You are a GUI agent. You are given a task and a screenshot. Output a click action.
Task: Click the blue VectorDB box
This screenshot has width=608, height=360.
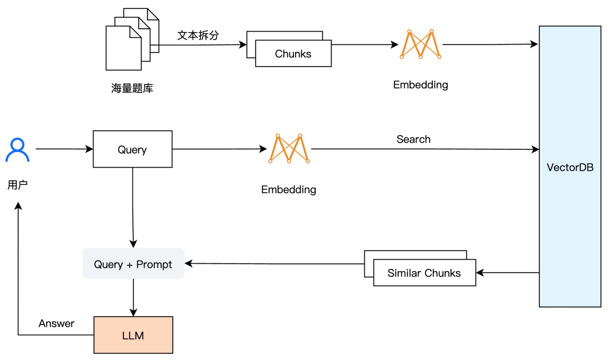point(570,166)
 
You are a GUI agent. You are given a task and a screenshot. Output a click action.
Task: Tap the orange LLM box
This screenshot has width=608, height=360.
point(133,335)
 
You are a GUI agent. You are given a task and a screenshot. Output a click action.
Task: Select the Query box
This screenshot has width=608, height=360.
point(132,149)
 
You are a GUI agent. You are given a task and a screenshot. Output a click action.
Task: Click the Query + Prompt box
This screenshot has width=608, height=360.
point(133,264)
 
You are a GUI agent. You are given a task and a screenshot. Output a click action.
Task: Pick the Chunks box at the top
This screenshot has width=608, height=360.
point(293,54)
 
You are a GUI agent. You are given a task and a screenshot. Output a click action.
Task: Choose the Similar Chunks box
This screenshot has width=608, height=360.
point(424,273)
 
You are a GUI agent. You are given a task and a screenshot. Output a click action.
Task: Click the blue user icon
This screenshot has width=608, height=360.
point(17,150)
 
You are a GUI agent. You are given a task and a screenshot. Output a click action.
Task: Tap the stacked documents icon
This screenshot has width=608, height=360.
point(132,39)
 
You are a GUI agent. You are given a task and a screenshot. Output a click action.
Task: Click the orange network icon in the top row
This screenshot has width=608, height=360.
point(421,44)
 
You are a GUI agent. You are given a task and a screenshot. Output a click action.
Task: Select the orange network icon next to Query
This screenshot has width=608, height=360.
point(289,149)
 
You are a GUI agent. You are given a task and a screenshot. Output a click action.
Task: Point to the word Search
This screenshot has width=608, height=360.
point(413,139)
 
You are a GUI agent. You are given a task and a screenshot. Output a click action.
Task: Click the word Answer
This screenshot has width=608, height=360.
point(56,323)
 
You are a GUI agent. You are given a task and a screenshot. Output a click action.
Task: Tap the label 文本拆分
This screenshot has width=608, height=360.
point(198,35)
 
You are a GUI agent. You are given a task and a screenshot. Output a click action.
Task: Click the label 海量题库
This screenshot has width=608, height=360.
point(132,88)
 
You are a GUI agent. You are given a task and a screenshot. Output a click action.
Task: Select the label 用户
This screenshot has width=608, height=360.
point(17,185)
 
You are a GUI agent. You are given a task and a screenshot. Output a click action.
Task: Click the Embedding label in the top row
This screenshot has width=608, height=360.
point(421,85)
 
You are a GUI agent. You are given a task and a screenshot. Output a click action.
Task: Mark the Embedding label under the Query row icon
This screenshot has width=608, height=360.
point(288,190)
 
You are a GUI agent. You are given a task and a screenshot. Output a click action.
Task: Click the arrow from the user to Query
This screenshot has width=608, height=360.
point(64,149)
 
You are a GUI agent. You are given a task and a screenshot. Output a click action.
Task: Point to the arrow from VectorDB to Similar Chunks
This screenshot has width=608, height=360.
point(507,273)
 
